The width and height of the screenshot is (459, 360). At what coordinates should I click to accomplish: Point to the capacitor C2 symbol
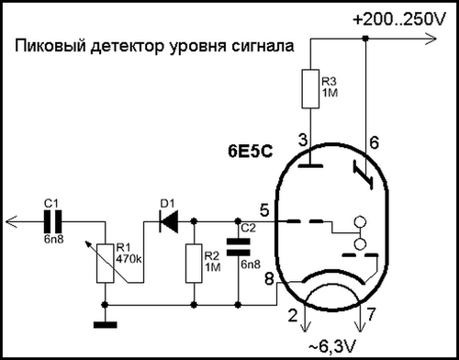238,245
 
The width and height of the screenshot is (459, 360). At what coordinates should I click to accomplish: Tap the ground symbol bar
107,322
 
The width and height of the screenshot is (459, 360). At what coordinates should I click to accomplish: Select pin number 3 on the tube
304,139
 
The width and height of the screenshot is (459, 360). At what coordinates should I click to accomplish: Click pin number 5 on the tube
265,209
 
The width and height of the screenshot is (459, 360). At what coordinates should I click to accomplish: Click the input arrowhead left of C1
10,220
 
